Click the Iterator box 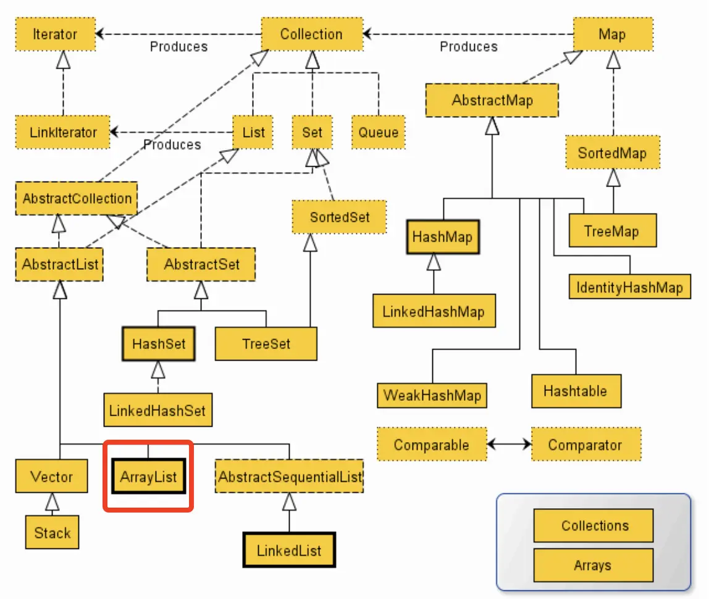(55, 34)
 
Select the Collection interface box (311, 34)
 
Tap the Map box (612, 34)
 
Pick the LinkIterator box (63, 132)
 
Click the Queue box (379, 132)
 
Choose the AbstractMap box (492, 100)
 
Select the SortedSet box (340, 216)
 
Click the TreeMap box (611, 231)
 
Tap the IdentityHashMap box (629, 287)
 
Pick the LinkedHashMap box (434, 311)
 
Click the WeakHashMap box (432, 395)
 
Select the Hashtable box (575, 391)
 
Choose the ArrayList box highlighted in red (148, 477)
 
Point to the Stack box (52, 533)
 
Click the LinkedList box (289, 550)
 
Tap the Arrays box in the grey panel (592, 565)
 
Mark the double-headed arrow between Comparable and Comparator (509, 445)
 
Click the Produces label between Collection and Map (468, 46)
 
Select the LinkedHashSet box (158, 409)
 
